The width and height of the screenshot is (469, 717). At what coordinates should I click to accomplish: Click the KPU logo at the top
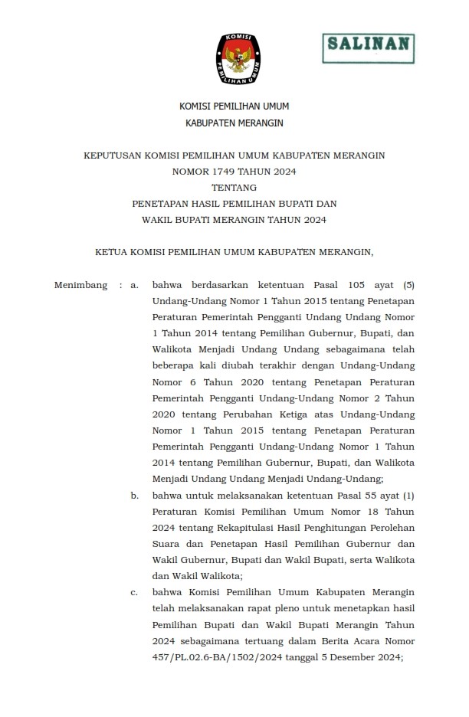tap(234, 58)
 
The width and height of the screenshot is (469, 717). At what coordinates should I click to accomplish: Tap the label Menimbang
tap(80, 286)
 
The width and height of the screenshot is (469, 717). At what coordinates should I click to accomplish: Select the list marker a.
tap(134, 286)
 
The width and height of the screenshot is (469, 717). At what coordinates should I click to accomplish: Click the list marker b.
tap(134, 496)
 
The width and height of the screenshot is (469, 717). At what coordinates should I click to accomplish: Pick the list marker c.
tap(134, 592)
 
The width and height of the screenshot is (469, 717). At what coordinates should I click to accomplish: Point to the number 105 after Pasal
tap(358, 286)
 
